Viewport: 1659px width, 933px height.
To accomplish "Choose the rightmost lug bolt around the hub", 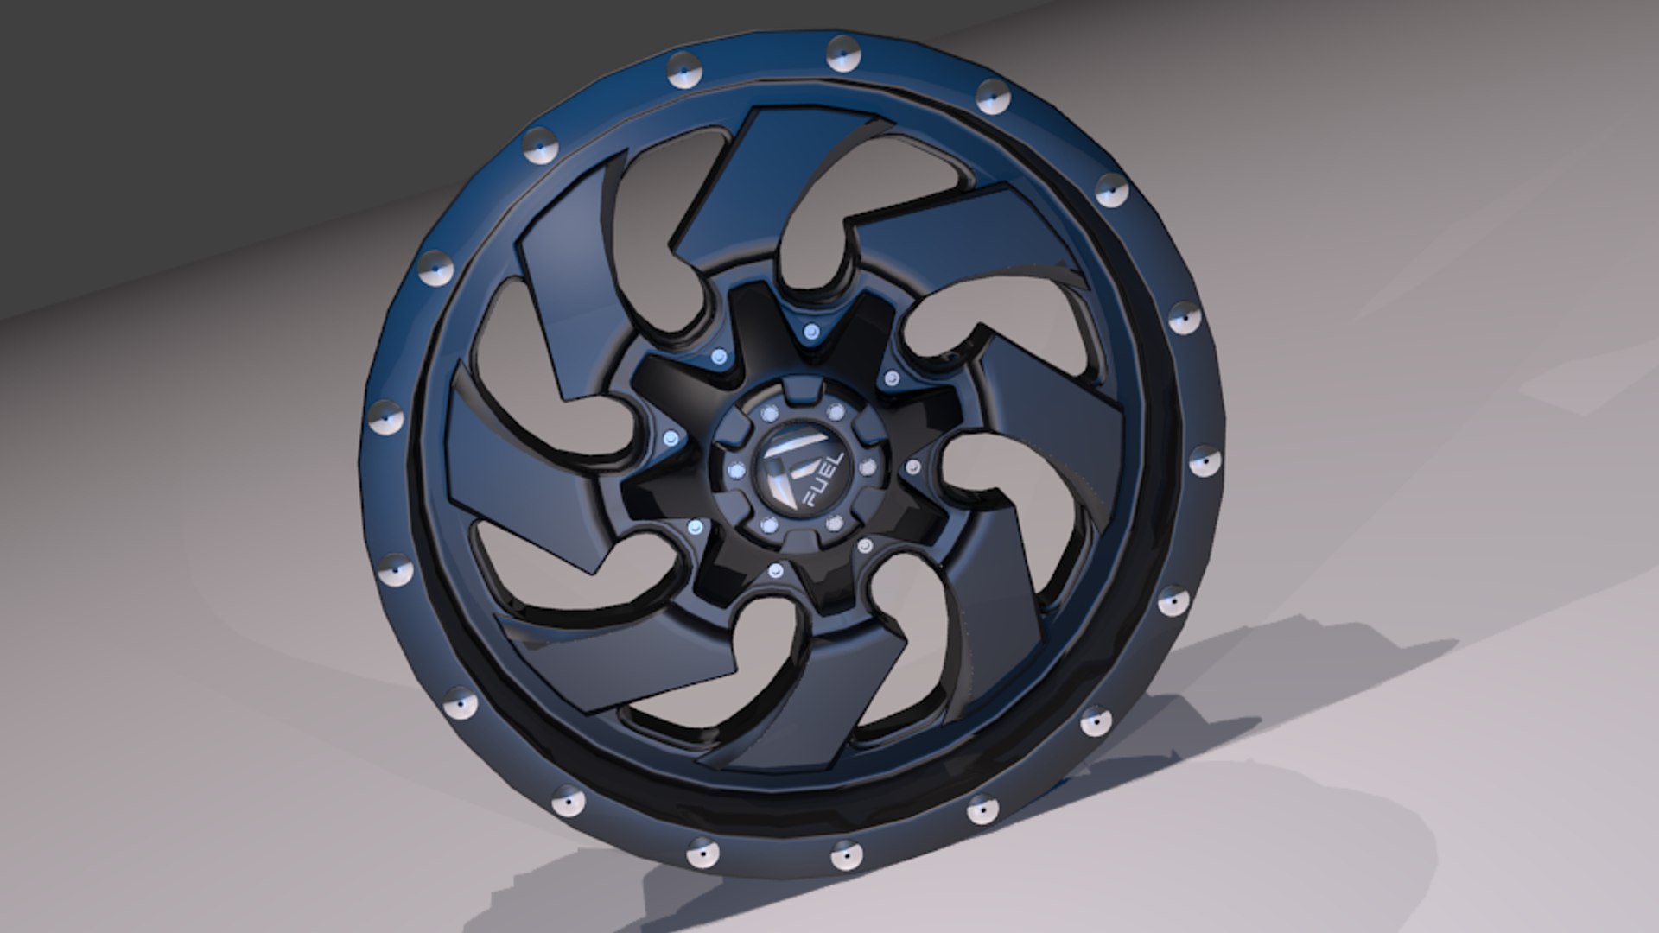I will point(912,466).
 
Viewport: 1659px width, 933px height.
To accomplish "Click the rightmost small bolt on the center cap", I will point(868,467).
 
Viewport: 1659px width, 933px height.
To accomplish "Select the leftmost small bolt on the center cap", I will point(735,471).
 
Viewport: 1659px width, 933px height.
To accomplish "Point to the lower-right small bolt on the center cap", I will point(833,523).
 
